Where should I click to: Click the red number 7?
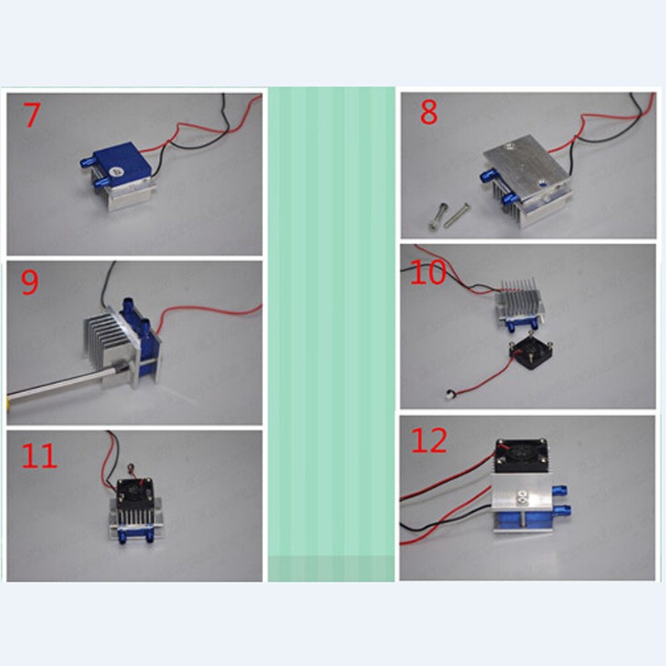[x=31, y=116]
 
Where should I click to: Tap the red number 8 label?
[x=429, y=112]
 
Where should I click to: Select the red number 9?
[x=30, y=283]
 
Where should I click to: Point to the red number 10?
[x=428, y=272]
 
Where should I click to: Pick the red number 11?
[x=39, y=455]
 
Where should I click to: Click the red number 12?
[x=430, y=441]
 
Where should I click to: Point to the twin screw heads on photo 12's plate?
[x=523, y=498]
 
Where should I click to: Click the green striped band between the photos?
[x=331, y=333]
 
